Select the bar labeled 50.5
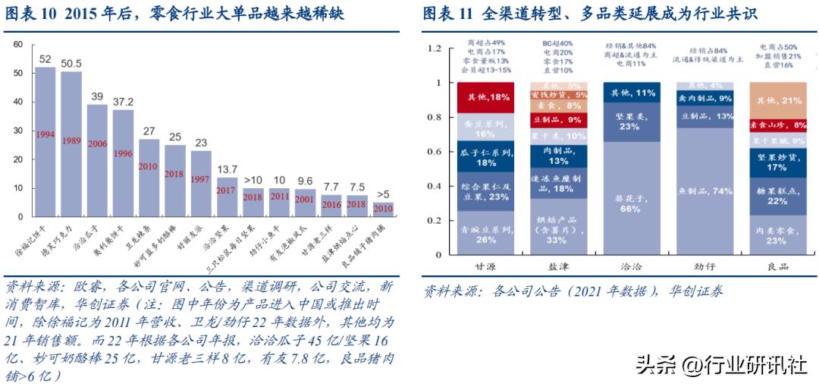tap(71, 144)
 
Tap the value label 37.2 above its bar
tap(124, 102)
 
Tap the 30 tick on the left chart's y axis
tap(17, 131)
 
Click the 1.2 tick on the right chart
tap(434, 49)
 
